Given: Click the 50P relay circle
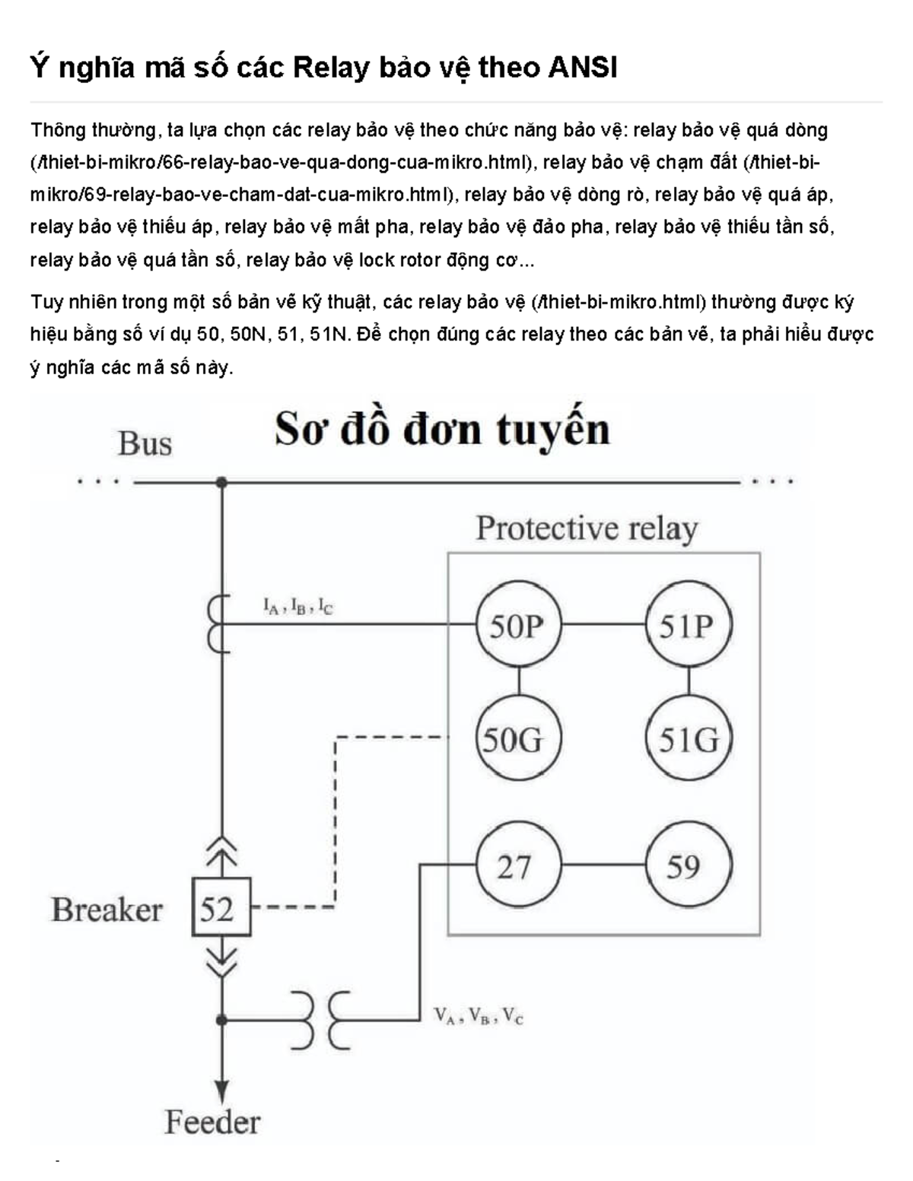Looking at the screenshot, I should click(517, 625).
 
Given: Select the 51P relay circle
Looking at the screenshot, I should click(688, 625).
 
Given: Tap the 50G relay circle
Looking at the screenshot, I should click(517, 738).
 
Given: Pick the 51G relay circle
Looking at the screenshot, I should click(688, 738).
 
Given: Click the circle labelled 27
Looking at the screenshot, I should click(517, 865).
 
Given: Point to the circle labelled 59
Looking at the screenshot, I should click(688, 865).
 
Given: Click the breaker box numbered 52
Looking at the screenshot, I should click(221, 907).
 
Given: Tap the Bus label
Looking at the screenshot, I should click(145, 443).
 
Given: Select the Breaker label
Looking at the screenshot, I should click(107, 910).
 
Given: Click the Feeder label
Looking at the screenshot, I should click(212, 1122).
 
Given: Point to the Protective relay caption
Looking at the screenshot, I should click(587, 529).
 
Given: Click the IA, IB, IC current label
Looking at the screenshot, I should click(297, 606).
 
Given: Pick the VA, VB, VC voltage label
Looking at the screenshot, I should click(479, 1016).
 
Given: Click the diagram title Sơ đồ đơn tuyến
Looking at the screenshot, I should click(442, 430).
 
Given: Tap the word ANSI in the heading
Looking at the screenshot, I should click(582, 68).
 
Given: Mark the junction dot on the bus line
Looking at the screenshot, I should click(221, 481).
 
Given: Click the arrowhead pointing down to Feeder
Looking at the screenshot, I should click(221, 1090).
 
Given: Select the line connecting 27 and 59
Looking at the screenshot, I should click(603, 865).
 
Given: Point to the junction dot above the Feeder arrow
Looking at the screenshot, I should click(221, 1019).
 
